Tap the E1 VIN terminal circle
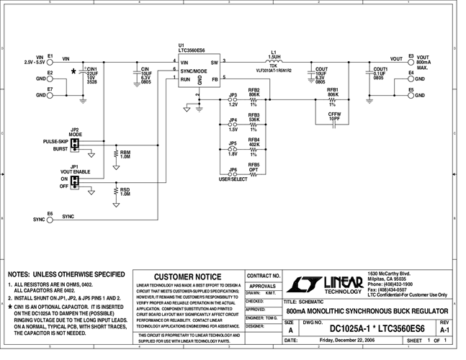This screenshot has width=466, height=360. click(x=50, y=60)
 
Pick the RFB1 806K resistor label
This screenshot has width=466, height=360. click(x=333, y=93)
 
